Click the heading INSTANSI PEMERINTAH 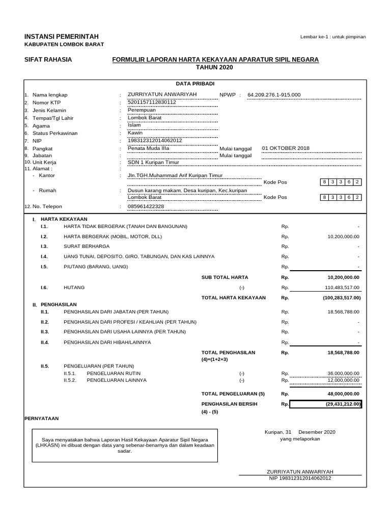62,36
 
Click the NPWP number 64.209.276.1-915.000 274,95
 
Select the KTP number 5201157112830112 152,102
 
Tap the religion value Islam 134,125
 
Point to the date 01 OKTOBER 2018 285,148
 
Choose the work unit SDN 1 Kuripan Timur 153,163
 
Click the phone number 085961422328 146,206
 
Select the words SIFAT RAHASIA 48,60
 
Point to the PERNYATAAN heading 42,419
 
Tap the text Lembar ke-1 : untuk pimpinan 333,37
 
